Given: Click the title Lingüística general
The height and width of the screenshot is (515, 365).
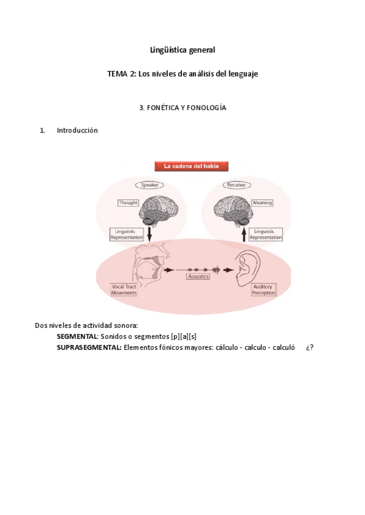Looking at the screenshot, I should coord(182,50).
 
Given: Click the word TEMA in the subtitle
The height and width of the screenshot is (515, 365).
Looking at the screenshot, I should coord(117,73).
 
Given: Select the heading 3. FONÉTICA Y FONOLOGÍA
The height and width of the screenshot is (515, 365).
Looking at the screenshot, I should coord(182,107).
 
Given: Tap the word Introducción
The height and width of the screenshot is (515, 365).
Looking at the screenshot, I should coord(77,130).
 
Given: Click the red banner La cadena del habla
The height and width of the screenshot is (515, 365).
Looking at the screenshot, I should coord(191,165).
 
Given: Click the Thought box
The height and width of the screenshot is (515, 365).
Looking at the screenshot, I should coord(128,203).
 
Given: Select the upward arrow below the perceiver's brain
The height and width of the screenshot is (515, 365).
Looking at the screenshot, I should coord(244,234).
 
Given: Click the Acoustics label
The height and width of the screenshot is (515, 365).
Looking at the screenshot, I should coord(198,276).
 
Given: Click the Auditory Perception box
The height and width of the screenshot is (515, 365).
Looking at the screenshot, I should coord(263,289).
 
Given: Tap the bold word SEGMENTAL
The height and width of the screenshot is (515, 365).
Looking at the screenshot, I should coord(77,336).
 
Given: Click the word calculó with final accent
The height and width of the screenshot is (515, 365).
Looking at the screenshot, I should coord(283,347).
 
